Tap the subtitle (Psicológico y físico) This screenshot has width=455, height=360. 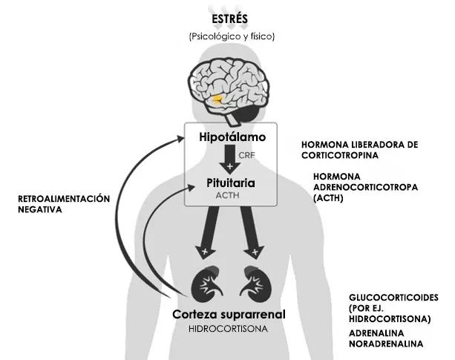tap(232, 35)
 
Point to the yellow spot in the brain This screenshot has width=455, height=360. tap(217, 98)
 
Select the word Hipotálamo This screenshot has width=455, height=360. tap(232, 138)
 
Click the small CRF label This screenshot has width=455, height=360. tap(247, 155)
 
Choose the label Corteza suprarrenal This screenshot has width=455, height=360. tap(229, 315)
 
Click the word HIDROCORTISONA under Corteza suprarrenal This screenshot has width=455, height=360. tap(229, 329)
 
